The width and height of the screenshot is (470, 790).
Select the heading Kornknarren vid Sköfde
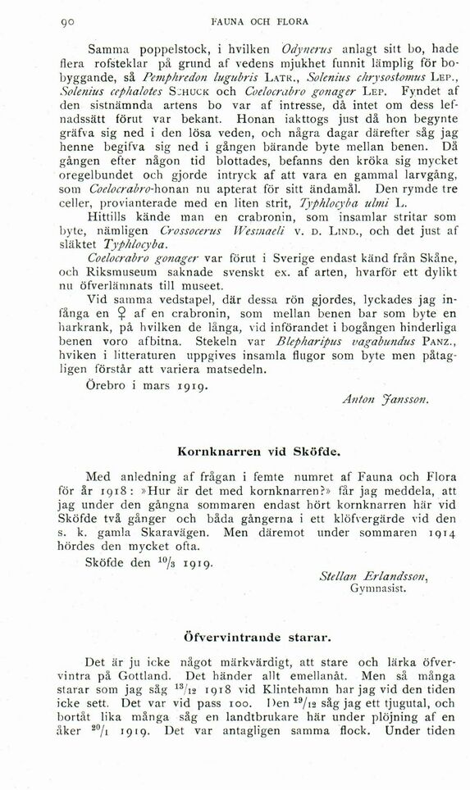[245, 452]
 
